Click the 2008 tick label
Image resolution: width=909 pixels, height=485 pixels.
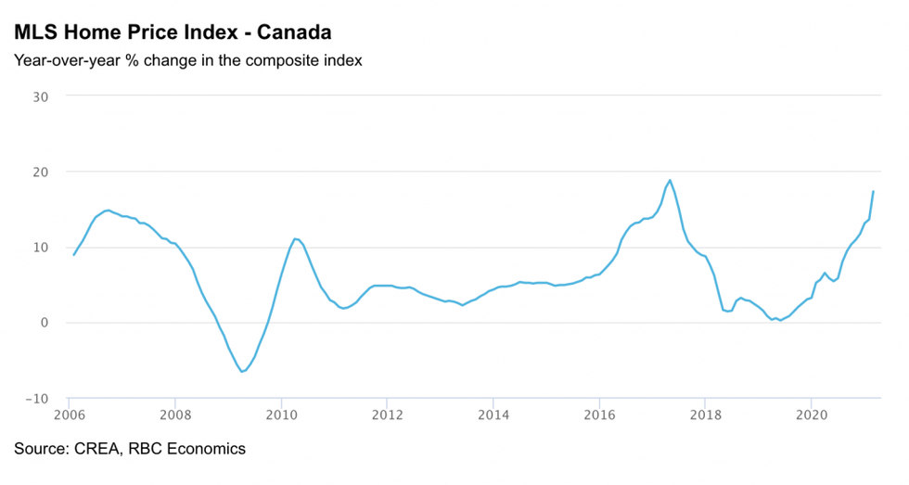(x=174, y=415)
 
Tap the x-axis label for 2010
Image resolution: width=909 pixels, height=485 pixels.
(x=280, y=415)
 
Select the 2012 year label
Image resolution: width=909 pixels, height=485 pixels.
(x=387, y=415)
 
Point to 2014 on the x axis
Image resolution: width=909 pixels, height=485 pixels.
(x=493, y=415)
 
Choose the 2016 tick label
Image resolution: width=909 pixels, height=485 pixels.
(x=599, y=415)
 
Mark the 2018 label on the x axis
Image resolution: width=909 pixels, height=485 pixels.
(x=705, y=415)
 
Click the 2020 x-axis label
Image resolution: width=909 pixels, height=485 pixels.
(x=812, y=415)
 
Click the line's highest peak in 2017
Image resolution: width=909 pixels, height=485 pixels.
(x=670, y=180)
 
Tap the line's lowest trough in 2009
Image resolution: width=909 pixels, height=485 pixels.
(x=242, y=372)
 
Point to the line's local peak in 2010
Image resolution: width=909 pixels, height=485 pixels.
(x=294, y=238)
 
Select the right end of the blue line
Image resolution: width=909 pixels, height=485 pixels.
(x=873, y=191)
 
